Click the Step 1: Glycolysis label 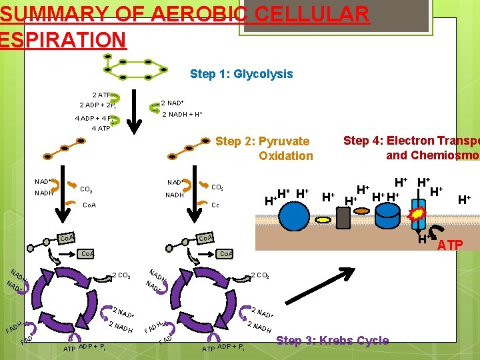(x=241, y=74)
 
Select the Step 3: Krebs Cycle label (x=332, y=341)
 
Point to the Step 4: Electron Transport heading (x=411, y=148)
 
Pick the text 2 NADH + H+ (x=182, y=115)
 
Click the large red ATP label (x=450, y=246)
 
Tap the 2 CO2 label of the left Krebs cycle (x=120, y=275)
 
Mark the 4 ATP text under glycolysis (x=101, y=128)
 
